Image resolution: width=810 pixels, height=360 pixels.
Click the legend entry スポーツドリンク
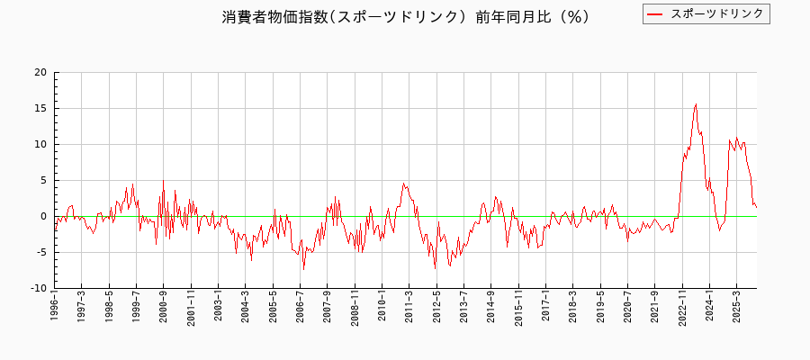coord(717,13)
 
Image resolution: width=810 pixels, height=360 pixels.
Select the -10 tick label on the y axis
coord(39,288)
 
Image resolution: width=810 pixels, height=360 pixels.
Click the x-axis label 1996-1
coord(55,314)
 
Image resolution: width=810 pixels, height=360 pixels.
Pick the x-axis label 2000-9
coord(164,314)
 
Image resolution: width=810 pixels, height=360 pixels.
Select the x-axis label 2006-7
coord(301,314)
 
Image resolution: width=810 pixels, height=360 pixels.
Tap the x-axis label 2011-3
coord(409,314)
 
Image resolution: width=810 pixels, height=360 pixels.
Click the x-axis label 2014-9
coord(491,314)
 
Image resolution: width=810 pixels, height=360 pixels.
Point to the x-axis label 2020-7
coord(628,314)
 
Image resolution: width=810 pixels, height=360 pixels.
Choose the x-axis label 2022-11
coord(683,314)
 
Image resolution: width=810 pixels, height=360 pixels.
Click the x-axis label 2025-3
coord(737,314)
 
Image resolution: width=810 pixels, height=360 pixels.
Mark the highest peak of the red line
coord(696,103)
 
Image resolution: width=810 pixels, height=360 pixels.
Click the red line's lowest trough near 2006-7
coord(303,269)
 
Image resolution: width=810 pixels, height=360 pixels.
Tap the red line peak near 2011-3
coord(404,183)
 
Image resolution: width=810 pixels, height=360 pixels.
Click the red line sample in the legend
coord(655,13)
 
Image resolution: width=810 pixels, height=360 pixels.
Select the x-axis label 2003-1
coord(219,314)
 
